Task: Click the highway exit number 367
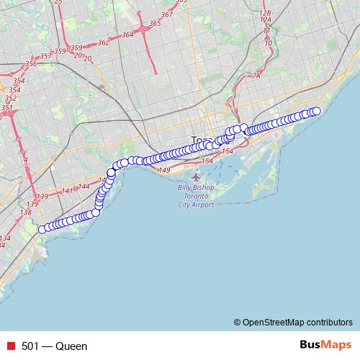167,14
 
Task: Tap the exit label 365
154,24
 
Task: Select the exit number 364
128,34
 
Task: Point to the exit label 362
103,42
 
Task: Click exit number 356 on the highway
30,63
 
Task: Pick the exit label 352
10,98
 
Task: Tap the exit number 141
67,191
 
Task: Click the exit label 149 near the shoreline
163,170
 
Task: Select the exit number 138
26,212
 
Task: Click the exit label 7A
256,75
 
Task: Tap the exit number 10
268,43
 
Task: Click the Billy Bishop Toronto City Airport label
196,197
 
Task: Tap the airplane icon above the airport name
197,177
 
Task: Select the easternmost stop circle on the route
316,111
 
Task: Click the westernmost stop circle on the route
42,229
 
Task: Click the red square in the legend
12,346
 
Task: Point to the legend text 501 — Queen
55,346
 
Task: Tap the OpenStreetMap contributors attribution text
295,322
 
